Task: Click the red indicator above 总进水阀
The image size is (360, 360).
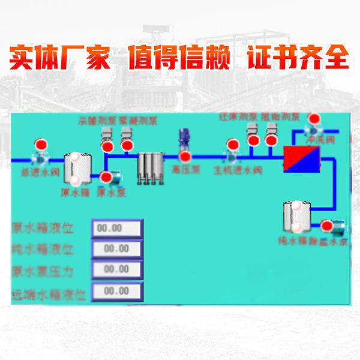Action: tap(41, 145)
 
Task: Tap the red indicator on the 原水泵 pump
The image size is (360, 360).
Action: tap(106, 177)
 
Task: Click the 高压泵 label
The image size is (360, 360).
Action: tap(182, 170)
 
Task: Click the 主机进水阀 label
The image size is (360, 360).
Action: tap(238, 170)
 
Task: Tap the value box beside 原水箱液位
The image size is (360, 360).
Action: tap(116, 228)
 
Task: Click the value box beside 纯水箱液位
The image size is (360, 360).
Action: tap(116, 248)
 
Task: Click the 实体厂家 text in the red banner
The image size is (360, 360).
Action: tap(59, 58)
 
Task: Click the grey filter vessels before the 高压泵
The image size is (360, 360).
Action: tap(150, 167)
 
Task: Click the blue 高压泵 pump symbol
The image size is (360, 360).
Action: tap(182, 139)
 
